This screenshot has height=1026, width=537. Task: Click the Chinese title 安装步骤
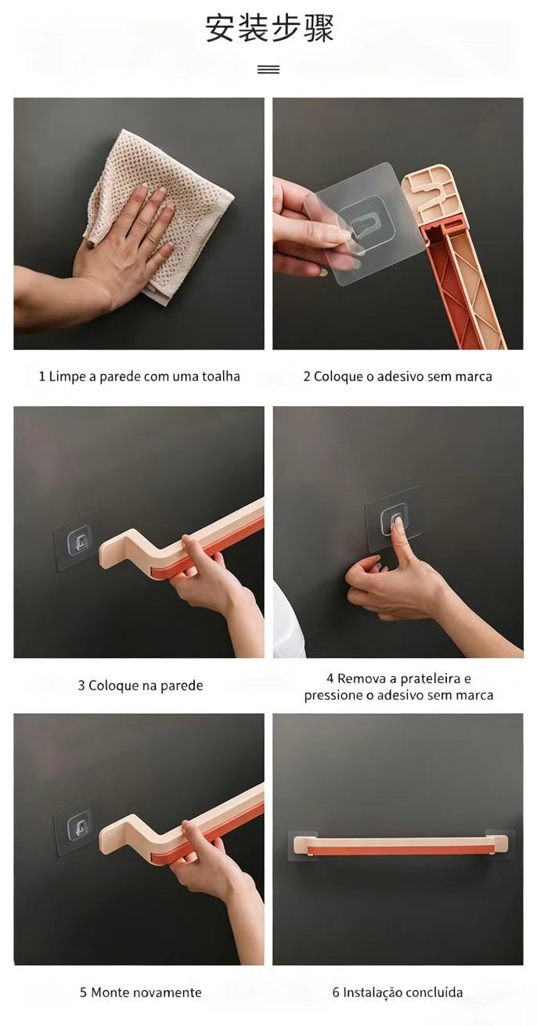[269, 28]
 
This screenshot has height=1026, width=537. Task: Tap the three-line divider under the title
[268, 69]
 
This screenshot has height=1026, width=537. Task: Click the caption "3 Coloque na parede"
[140, 686]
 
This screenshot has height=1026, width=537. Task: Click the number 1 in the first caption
[41, 376]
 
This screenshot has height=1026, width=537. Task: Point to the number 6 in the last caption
[336, 992]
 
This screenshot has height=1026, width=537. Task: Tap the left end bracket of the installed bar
[302, 846]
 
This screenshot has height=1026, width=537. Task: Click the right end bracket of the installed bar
[499, 844]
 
